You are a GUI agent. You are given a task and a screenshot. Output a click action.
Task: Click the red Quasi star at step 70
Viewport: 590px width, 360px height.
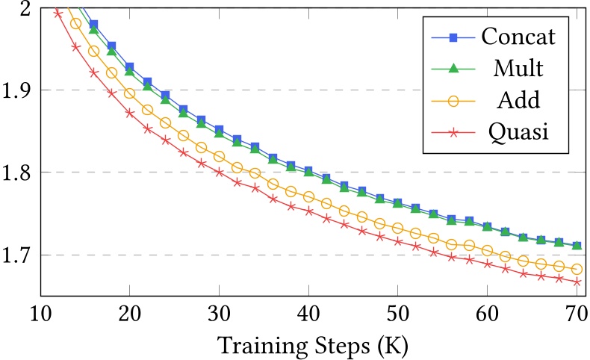[576, 282]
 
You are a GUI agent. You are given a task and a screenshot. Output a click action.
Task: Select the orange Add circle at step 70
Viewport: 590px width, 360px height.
[576, 269]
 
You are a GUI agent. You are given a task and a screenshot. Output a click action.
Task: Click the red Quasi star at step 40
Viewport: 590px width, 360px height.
[308, 211]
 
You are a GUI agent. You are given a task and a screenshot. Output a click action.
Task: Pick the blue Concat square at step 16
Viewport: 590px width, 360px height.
[94, 25]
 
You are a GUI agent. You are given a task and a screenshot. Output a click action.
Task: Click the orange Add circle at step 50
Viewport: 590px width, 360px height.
[397, 228]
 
